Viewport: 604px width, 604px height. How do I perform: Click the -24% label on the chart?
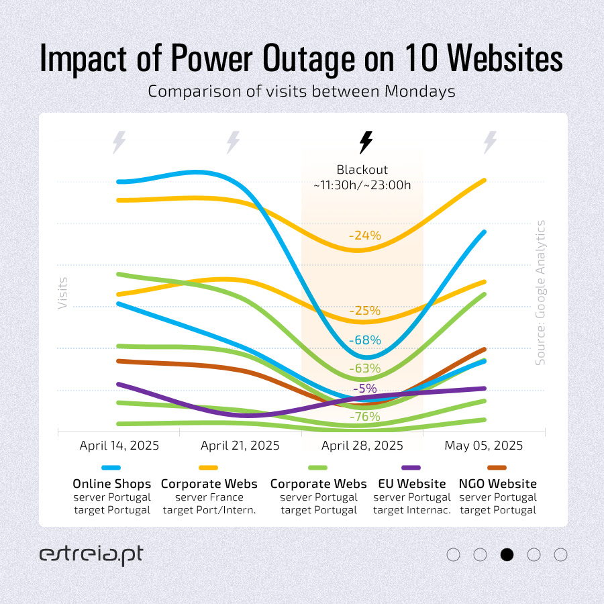click(364, 236)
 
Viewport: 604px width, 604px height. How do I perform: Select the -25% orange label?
click(364, 311)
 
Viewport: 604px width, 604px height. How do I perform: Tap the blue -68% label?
click(364, 340)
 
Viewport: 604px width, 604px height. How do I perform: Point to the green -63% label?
click(364, 368)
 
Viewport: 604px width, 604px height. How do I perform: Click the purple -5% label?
click(364, 388)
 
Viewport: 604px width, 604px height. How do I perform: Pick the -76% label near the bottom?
click(364, 417)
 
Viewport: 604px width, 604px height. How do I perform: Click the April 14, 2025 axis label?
click(119, 446)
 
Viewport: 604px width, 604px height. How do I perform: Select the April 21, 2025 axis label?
click(240, 446)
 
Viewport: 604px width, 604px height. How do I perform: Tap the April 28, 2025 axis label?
click(362, 446)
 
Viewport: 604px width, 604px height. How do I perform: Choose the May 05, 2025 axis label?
click(483, 446)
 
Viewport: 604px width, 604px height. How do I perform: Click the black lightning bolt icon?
click(365, 142)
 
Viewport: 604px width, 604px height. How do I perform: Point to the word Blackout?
click(362, 170)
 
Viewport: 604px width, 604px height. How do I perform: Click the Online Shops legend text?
click(111, 484)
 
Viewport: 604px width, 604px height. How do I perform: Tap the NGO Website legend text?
click(497, 484)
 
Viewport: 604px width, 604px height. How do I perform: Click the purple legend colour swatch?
click(411, 468)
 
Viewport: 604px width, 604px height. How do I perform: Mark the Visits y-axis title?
click(63, 293)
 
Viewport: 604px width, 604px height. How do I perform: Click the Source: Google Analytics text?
click(541, 293)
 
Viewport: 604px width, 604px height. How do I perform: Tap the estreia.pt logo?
click(91, 555)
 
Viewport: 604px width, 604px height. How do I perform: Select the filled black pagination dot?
click(507, 555)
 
